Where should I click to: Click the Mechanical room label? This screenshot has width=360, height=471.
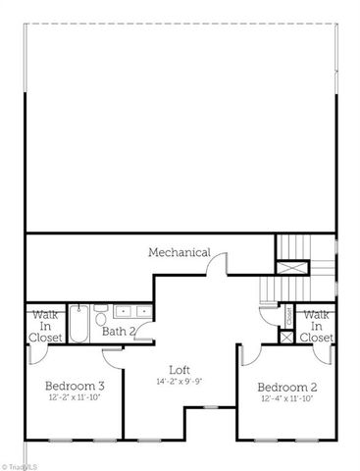tap(180, 252)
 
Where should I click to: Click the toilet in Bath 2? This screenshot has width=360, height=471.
tap(101, 317)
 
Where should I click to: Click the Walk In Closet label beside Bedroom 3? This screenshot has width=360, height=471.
tap(46, 326)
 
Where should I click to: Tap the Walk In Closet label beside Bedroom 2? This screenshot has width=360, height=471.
tap(315, 326)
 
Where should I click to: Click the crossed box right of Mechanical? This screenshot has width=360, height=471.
tap(289, 266)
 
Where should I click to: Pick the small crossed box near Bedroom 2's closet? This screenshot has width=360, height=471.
tap(286, 337)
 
